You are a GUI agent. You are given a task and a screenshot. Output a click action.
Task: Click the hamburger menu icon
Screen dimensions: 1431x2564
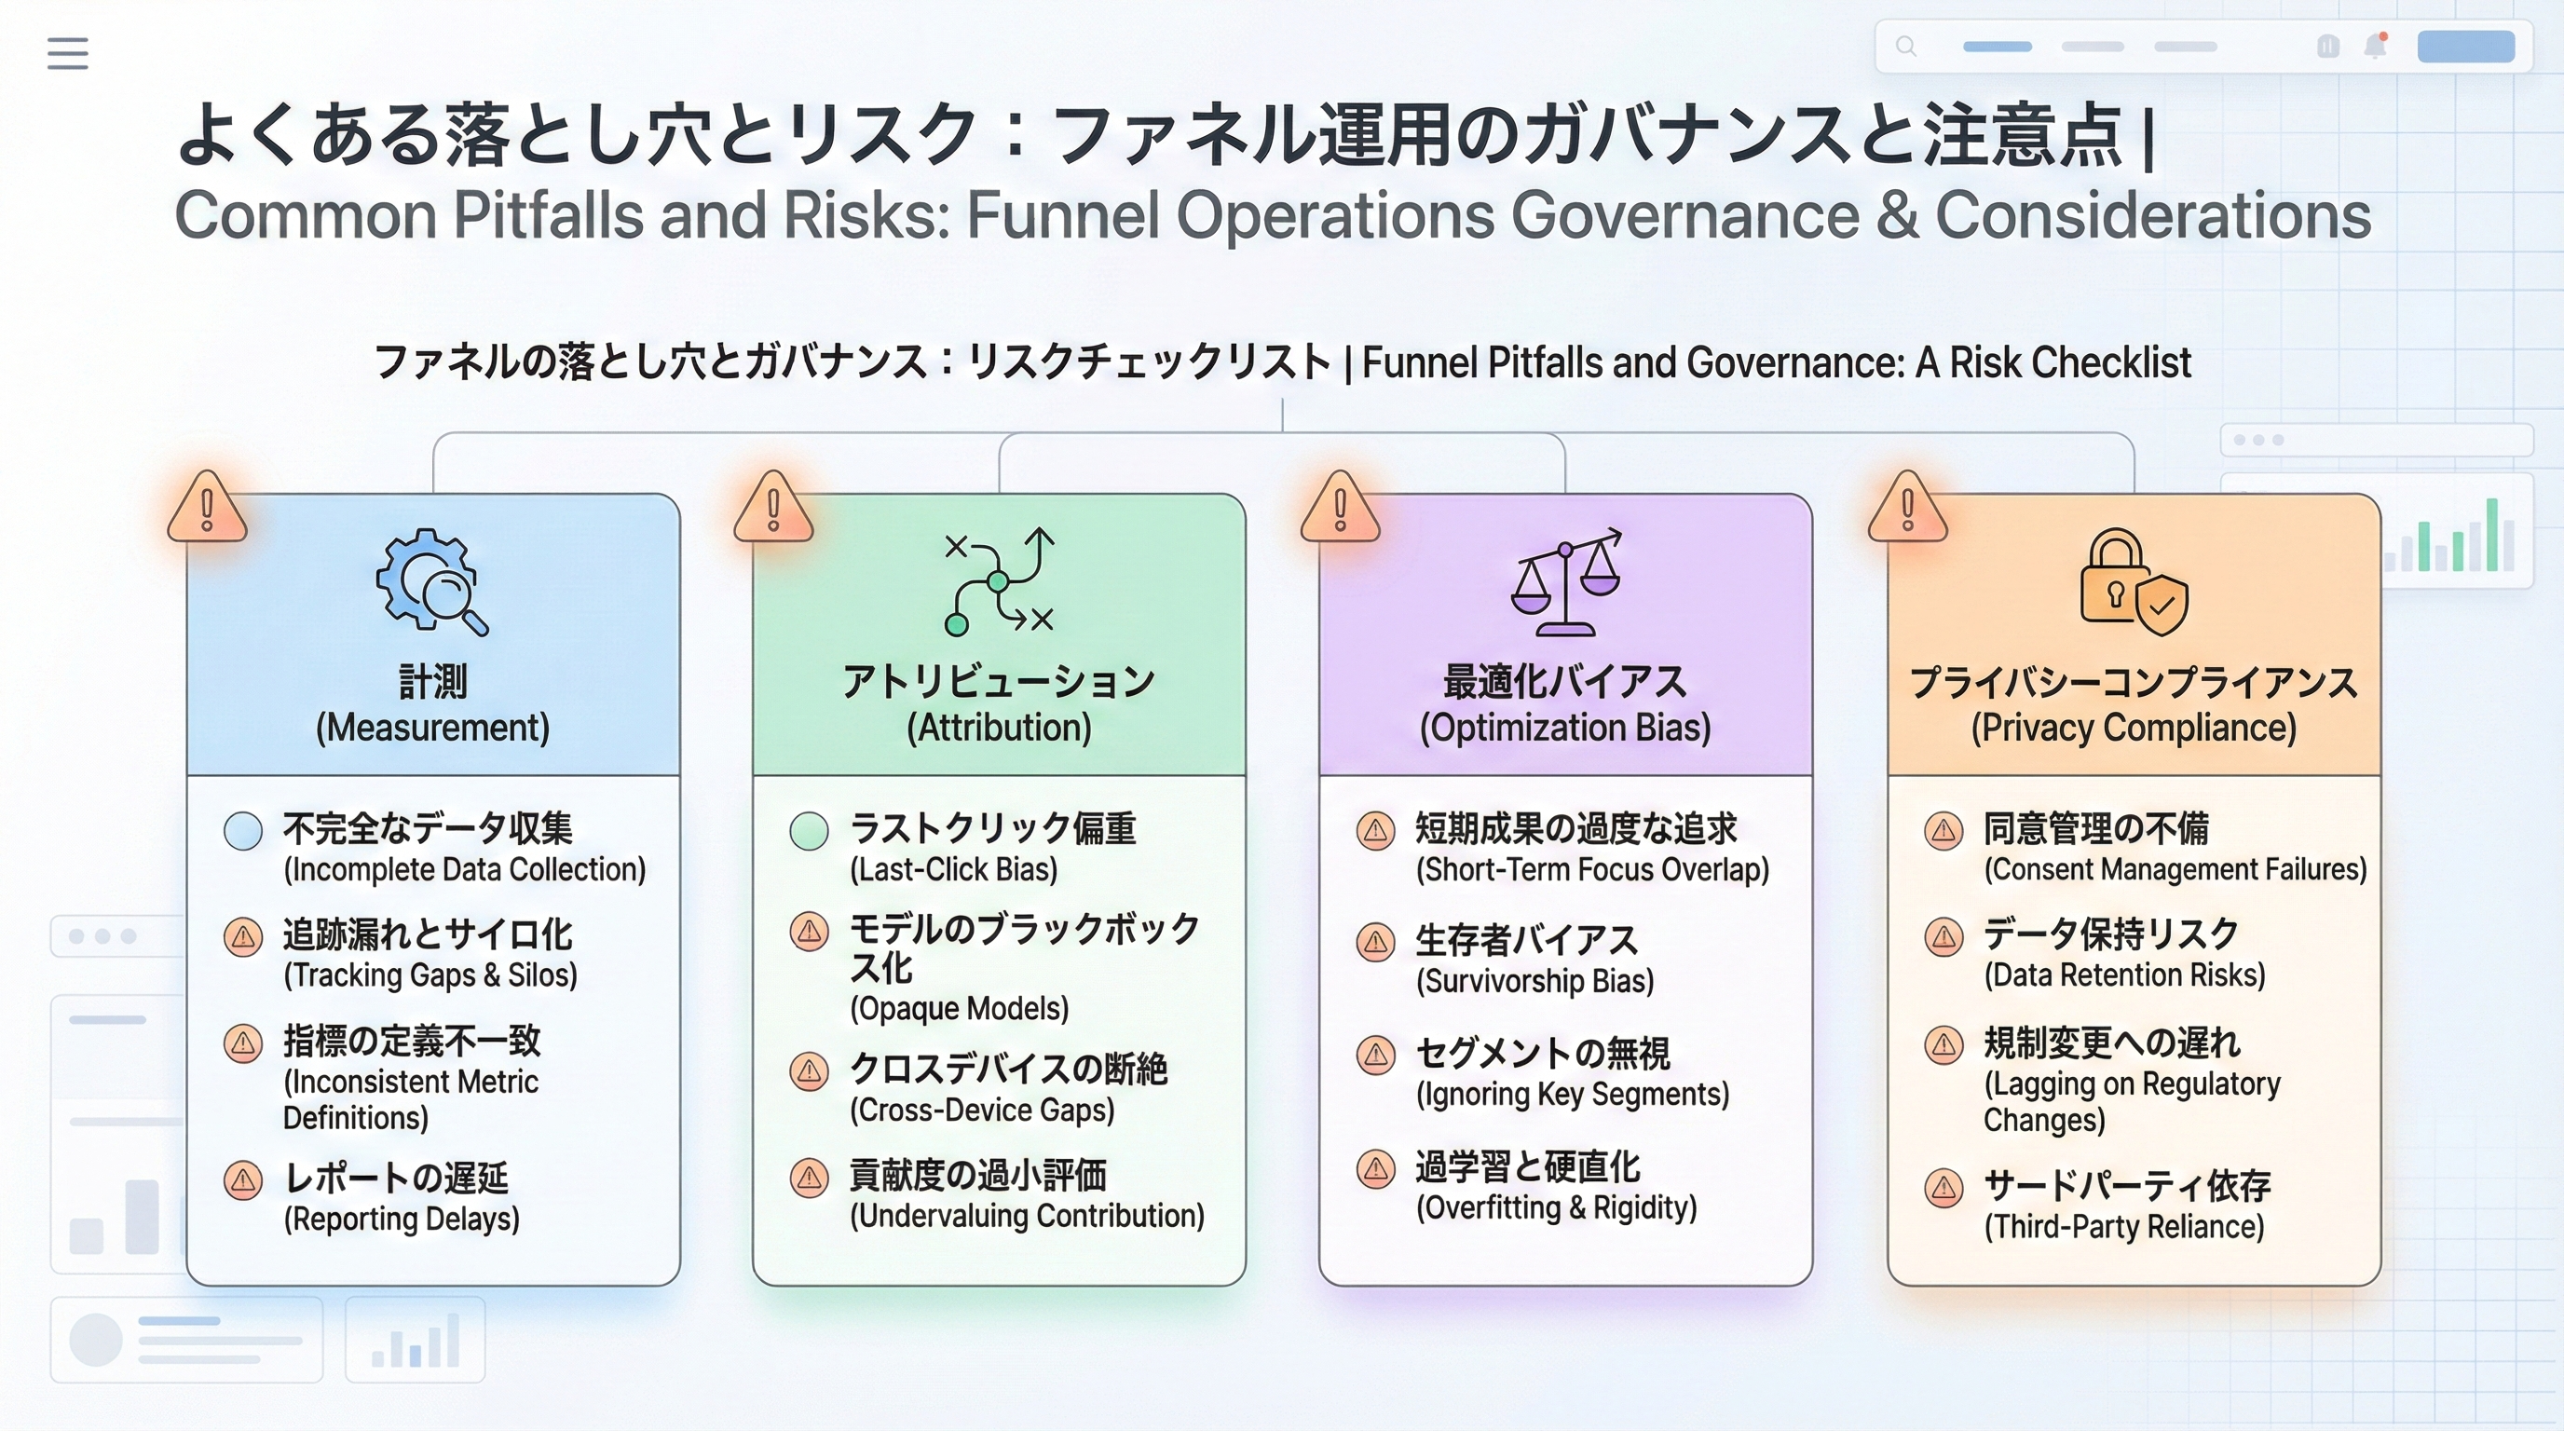pyautogui.click(x=68, y=53)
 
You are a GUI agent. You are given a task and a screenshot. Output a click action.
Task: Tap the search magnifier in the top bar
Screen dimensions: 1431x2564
pyautogui.click(x=1905, y=46)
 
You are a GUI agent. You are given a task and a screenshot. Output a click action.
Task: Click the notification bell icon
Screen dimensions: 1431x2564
pyautogui.click(x=2376, y=47)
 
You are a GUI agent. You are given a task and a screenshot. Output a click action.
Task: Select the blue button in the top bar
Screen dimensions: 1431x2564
pyautogui.click(x=2465, y=47)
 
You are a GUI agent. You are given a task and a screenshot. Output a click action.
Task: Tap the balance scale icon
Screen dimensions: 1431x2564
pyautogui.click(x=1565, y=582)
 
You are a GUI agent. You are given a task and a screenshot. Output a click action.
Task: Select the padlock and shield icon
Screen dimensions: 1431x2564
pyautogui.click(x=2133, y=582)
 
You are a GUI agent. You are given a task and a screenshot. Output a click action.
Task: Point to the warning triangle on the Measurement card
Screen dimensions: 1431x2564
pyautogui.click(x=207, y=509)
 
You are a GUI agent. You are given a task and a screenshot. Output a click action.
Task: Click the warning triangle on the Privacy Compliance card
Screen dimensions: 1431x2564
pyautogui.click(x=1907, y=509)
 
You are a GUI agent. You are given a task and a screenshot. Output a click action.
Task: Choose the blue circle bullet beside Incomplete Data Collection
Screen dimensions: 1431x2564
pyautogui.click(x=243, y=831)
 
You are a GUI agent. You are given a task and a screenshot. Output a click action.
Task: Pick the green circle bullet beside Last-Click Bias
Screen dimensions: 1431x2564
pyautogui.click(x=810, y=831)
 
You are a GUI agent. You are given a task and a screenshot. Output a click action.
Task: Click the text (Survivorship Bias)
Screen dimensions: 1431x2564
pyautogui.click(x=1534, y=981)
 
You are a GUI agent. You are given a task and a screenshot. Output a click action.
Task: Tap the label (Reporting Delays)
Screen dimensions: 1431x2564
pyautogui.click(x=402, y=1219)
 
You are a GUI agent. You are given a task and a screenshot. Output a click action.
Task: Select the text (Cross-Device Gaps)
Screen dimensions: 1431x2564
pyautogui.click(x=981, y=1110)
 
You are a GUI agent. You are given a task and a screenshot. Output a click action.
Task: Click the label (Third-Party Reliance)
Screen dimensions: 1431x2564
pyautogui.click(x=2124, y=1226)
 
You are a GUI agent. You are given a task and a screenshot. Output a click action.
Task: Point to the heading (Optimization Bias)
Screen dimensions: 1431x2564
pyautogui.click(x=1564, y=728)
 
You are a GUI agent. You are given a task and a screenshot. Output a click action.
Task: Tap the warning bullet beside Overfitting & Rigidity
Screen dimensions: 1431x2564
pyautogui.click(x=1375, y=1169)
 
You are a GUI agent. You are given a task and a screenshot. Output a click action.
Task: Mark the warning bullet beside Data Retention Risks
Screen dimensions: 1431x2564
pyautogui.click(x=1943, y=936)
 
